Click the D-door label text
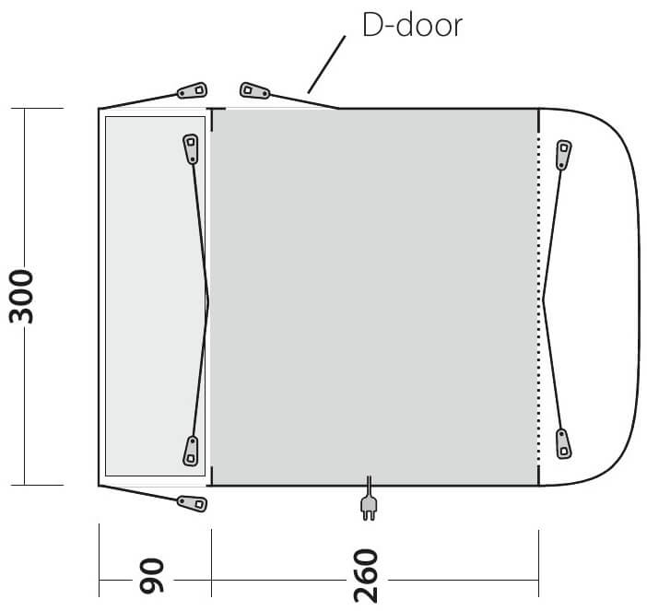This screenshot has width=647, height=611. pos(412,26)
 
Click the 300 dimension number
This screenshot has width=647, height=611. pos(21,296)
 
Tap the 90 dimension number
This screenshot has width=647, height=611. pos(152,576)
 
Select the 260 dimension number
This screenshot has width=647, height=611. pos(366,576)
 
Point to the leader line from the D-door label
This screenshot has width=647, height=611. pos(326,65)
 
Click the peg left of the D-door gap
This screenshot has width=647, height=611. pos(192,90)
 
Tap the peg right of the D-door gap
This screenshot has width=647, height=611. pos(255,90)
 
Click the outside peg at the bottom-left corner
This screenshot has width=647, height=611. pos(192,503)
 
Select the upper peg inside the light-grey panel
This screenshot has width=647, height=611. pos(191,149)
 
